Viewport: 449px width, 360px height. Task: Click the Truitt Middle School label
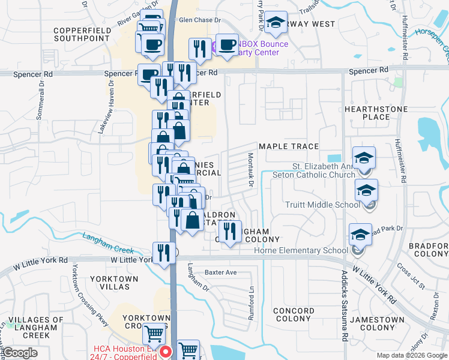pyautogui.click(x=323, y=205)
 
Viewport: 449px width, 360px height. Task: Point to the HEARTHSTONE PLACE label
pyautogui.click(x=376, y=113)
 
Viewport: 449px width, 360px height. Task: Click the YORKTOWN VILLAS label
pyautogui.click(x=114, y=283)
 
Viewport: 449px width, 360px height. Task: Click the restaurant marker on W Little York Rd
pyautogui.click(x=162, y=253)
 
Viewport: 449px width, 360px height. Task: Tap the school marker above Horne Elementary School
pyautogui.click(x=360, y=234)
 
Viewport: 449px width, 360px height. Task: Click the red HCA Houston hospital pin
pyautogui.click(x=166, y=352)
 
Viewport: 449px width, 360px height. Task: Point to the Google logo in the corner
pyautogui.click(x=20, y=352)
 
